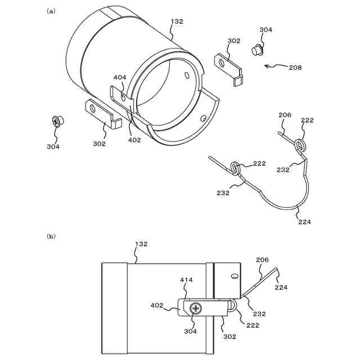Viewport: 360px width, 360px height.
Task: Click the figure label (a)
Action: coord(51,11)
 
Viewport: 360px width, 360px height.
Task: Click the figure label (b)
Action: coord(51,237)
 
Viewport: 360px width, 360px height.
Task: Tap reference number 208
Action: coord(295,67)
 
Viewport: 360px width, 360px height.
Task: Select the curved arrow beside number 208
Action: coord(274,66)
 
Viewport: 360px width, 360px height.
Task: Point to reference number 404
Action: coord(120,78)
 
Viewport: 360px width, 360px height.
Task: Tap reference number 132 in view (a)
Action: coord(177,21)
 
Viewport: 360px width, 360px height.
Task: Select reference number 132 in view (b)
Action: coord(141,244)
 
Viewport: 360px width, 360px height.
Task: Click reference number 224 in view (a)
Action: coord(304,222)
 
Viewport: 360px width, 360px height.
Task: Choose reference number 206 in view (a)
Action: coord(285,115)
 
